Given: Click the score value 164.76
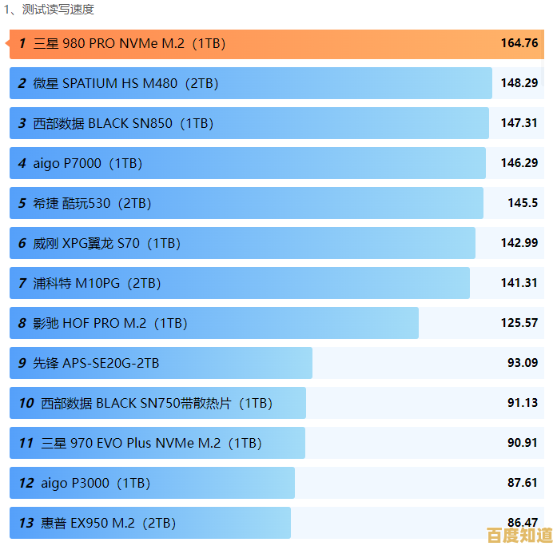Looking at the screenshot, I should pos(519,43).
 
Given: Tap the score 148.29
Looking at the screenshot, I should pos(519,83).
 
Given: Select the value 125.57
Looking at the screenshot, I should pos(519,323).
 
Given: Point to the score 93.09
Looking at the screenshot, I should pos(523,363).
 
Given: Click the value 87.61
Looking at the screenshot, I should pos(523,483).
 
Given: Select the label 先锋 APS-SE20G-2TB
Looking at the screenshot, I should pos(96,363).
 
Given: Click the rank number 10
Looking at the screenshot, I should pos(26,403).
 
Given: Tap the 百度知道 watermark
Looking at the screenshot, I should pos(519,534).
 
